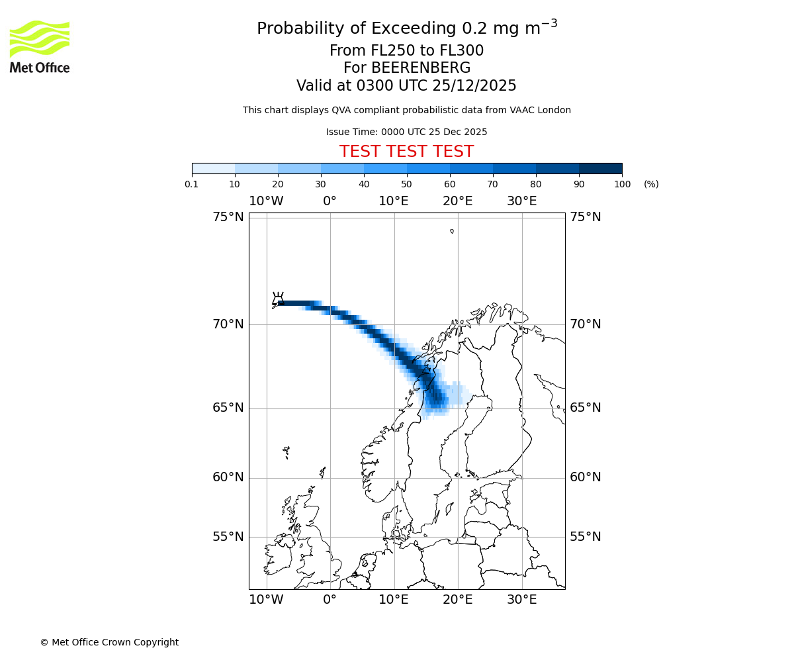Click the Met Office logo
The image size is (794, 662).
(x=40, y=46)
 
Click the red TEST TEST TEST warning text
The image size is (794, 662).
(x=406, y=152)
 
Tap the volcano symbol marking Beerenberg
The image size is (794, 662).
(x=278, y=299)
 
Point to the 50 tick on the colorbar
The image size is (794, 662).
(x=407, y=174)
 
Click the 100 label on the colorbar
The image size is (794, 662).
(x=622, y=184)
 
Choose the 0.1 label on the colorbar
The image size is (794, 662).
(x=192, y=184)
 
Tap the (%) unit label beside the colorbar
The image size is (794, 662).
(x=651, y=184)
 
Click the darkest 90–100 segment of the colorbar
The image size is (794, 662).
(x=600, y=168)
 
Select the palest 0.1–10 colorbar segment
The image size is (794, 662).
(x=213, y=168)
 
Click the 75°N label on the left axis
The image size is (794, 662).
(x=228, y=217)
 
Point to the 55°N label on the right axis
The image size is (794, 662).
(x=586, y=537)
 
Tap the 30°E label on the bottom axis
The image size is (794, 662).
(x=522, y=600)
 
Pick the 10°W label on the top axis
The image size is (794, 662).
(x=267, y=201)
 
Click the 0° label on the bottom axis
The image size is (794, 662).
(x=330, y=600)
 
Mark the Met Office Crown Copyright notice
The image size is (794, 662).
(x=109, y=642)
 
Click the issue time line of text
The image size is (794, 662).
(x=406, y=132)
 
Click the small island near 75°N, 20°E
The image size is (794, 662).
(x=452, y=231)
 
